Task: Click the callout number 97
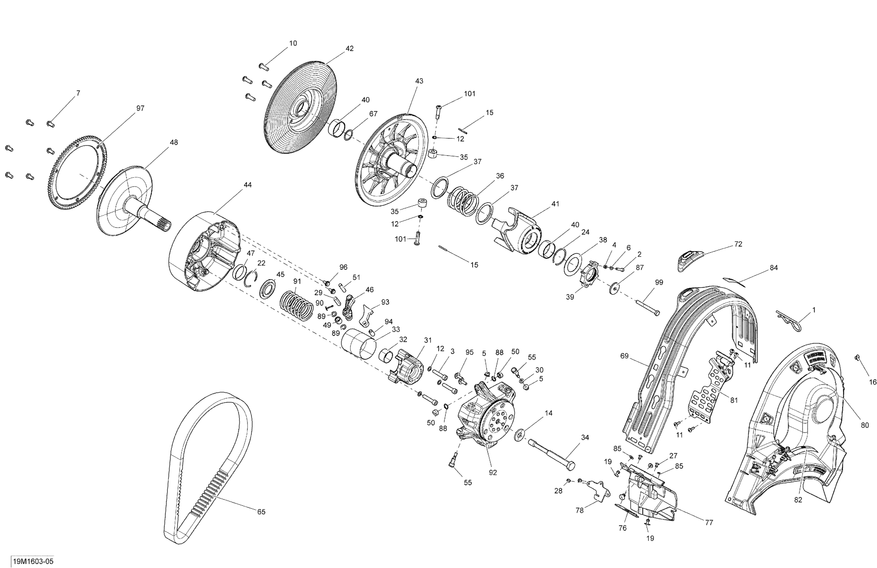click(x=140, y=108)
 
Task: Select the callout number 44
click(x=248, y=184)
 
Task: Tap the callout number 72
click(x=738, y=244)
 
